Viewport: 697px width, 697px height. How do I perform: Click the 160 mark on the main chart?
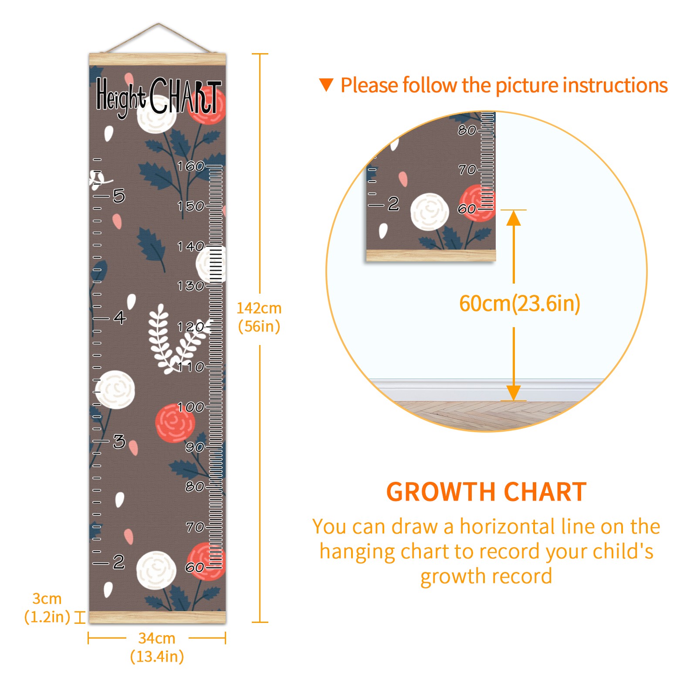click(190, 166)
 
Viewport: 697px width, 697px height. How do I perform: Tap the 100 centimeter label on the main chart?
click(190, 407)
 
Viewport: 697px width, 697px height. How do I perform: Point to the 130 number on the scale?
click(190, 286)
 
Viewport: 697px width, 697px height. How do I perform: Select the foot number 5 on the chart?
click(119, 196)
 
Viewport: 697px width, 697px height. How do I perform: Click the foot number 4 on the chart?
click(120, 318)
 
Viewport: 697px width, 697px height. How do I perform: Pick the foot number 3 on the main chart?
click(119, 442)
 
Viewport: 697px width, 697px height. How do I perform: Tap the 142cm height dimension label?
click(259, 317)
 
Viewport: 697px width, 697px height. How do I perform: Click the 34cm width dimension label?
click(157, 647)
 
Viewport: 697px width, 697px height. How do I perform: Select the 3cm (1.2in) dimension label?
click(47, 608)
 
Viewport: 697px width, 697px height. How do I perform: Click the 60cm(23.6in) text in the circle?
click(520, 303)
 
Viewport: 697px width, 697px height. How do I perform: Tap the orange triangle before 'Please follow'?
click(326, 85)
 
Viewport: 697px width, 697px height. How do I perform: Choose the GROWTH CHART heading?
click(487, 492)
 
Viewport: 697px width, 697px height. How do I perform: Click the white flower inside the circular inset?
click(430, 212)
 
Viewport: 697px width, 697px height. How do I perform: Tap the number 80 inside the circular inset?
click(467, 130)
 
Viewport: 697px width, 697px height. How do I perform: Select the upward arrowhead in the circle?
click(514, 218)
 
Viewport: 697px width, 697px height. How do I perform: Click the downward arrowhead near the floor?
click(514, 392)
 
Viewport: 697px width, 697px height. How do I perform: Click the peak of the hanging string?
click(158, 24)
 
